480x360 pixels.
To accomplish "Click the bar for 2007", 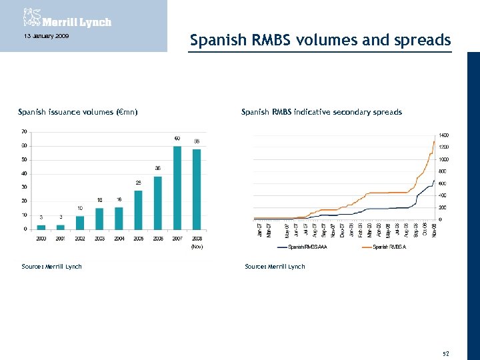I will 177,187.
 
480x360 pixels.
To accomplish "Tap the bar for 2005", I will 138,209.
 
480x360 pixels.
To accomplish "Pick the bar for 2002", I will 80,222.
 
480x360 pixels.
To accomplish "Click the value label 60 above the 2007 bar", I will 177,139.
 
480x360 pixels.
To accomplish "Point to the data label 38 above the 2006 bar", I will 158,168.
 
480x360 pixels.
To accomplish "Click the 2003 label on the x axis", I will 99,238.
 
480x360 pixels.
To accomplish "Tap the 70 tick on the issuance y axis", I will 24,131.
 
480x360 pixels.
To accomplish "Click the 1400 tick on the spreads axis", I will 444,135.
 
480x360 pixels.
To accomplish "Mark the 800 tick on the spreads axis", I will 443,171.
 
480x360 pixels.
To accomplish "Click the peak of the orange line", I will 435,141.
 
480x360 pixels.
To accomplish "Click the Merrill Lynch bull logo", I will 30,17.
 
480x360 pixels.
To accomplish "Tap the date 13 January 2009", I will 41,35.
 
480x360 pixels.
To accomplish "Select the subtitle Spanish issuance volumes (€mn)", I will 78,112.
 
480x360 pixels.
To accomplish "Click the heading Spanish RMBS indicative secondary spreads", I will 321,112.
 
